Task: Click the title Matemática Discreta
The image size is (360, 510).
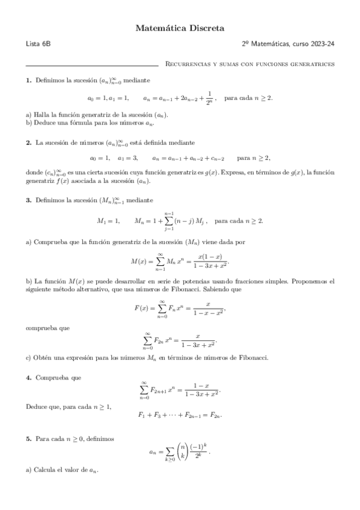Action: [180, 28]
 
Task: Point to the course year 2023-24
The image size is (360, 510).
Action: [323, 45]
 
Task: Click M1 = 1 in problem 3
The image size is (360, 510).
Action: [109, 221]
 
